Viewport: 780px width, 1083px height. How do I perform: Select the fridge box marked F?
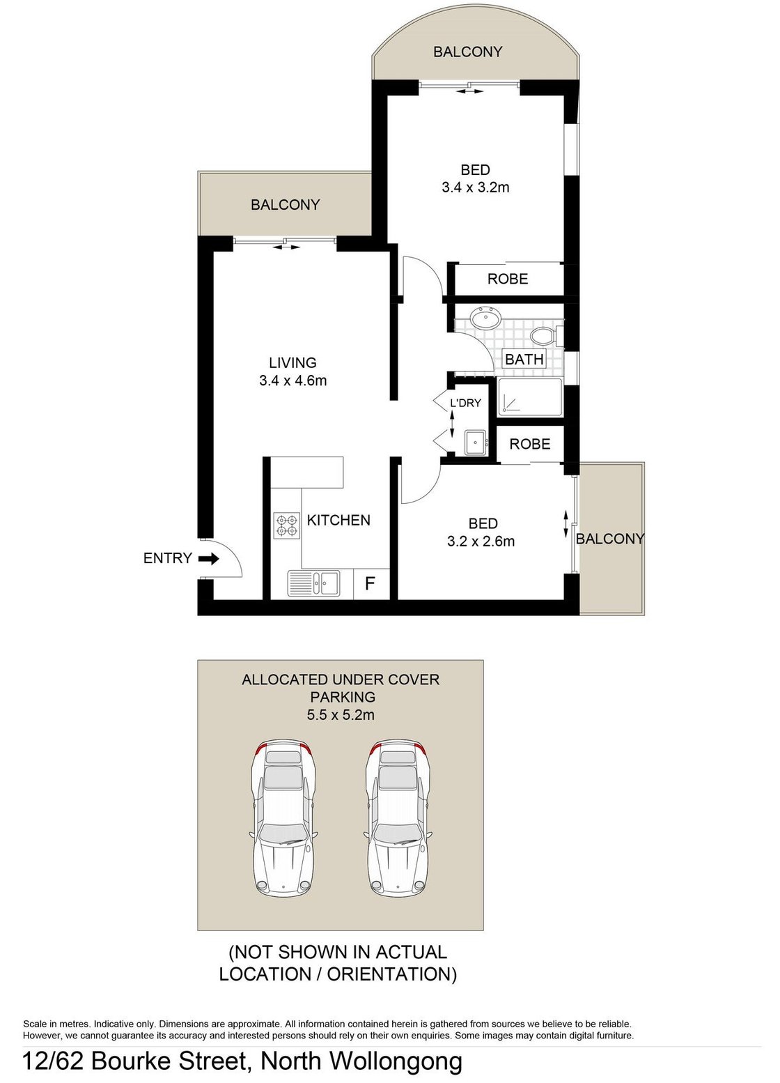tap(370, 583)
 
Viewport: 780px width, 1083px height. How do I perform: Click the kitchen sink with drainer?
tap(314, 583)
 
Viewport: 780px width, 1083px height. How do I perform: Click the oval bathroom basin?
tap(485, 319)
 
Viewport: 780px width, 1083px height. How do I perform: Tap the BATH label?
tap(524, 360)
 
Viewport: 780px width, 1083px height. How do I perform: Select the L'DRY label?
tap(465, 403)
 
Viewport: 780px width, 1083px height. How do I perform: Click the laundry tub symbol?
tap(476, 442)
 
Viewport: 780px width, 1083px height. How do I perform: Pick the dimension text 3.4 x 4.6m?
tap(292, 381)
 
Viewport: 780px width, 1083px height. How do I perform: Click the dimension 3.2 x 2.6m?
tap(481, 541)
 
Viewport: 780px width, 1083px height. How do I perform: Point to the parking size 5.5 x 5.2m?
tap(341, 715)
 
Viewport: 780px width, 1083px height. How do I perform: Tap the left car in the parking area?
tap(283, 817)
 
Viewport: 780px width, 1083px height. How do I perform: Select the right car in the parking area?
tap(398, 817)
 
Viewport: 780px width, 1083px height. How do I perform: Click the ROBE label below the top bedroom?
tap(508, 279)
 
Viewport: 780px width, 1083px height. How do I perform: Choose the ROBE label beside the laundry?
tap(529, 445)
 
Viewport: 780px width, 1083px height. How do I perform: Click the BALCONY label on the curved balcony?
tap(467, 52)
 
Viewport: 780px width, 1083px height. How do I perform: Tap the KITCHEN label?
tap(338, 521)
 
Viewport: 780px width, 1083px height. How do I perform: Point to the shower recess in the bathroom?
tap(530, 398)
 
